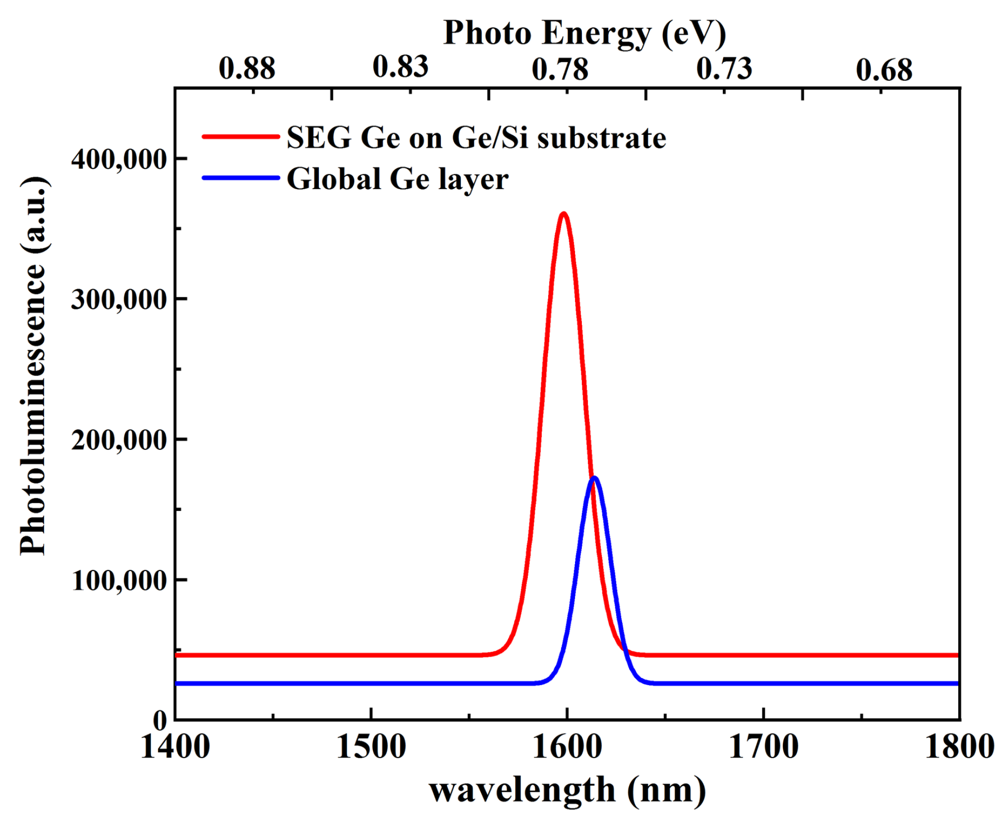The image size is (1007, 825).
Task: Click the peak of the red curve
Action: pos(563,214)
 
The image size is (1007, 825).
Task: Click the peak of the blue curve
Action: pos(594,478)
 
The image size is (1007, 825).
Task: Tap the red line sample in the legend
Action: pos(241,137)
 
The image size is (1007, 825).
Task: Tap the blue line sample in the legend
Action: pos(241,178)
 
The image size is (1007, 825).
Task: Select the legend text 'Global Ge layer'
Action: pos(397,179)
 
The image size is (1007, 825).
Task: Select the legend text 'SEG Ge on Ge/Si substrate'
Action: pos(476,138)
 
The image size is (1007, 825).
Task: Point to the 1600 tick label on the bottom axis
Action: pos(567,747)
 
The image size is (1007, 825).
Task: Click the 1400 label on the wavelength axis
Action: pos(175,747)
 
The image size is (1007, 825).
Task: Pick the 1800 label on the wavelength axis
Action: pos(959,747)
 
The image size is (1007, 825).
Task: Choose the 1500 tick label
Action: pos(371,747)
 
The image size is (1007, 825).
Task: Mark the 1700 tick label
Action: pos(763,747)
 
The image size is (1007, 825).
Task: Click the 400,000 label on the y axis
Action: pos(119,160)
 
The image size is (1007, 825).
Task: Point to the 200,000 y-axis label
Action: pos(119,441)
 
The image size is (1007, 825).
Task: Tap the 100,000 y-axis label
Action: pos(119,581)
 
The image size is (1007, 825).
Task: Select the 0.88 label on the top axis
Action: pos(247,68)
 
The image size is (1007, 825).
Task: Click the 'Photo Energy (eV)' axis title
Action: pos(584,33)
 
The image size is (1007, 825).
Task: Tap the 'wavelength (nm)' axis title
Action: pos(567,791)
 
